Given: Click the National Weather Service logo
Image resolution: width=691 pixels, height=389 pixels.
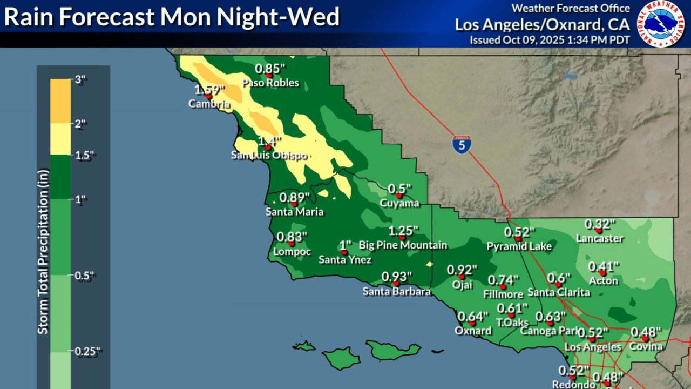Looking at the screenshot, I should coord(661,24).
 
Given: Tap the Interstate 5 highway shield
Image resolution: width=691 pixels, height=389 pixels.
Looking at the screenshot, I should coord(462,144).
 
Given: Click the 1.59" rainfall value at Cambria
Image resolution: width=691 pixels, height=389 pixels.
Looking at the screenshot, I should coord(209,89).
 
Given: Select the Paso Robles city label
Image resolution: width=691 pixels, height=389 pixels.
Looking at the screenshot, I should coord(270,83).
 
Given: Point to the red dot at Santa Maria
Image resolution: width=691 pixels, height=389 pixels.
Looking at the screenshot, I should coord(294,204).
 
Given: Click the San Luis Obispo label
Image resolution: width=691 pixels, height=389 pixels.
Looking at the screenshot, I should coord(268,156).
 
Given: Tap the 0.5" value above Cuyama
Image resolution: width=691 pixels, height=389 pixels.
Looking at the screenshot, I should coord(399,189).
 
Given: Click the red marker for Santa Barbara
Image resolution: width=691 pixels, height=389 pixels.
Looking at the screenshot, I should coord(396,283).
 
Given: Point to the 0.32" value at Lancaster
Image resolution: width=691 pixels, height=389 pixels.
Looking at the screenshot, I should coord(600,224).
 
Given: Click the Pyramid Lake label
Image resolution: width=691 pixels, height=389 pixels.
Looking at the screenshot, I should coord(519,246).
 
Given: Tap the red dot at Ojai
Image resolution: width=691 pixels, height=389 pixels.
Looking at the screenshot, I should coord(462,277).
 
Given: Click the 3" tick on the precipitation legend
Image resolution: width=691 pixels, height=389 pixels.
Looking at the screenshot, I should coord(80,79).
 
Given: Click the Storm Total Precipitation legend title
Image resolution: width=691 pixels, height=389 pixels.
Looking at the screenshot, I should coord(43,251).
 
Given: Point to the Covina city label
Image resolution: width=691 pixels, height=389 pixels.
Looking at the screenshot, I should coord(646,346).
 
